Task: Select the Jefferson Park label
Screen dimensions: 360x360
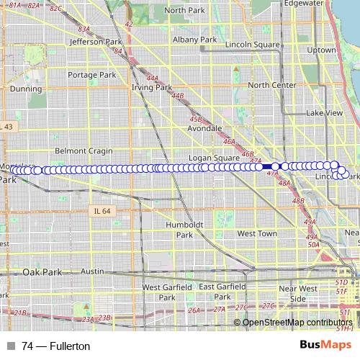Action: (x=89, y=42)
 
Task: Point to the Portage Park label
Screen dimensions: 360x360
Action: (x=92, y=75)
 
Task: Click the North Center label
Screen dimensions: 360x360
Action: (x=271, y=85)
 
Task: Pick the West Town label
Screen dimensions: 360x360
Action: (x=257, y=234)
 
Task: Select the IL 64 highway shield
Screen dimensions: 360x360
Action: (x=102, y=211)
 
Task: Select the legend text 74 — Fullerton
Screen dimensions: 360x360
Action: (x=56, y=346)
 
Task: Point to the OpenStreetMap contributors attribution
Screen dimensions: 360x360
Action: (x=297, y=322)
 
